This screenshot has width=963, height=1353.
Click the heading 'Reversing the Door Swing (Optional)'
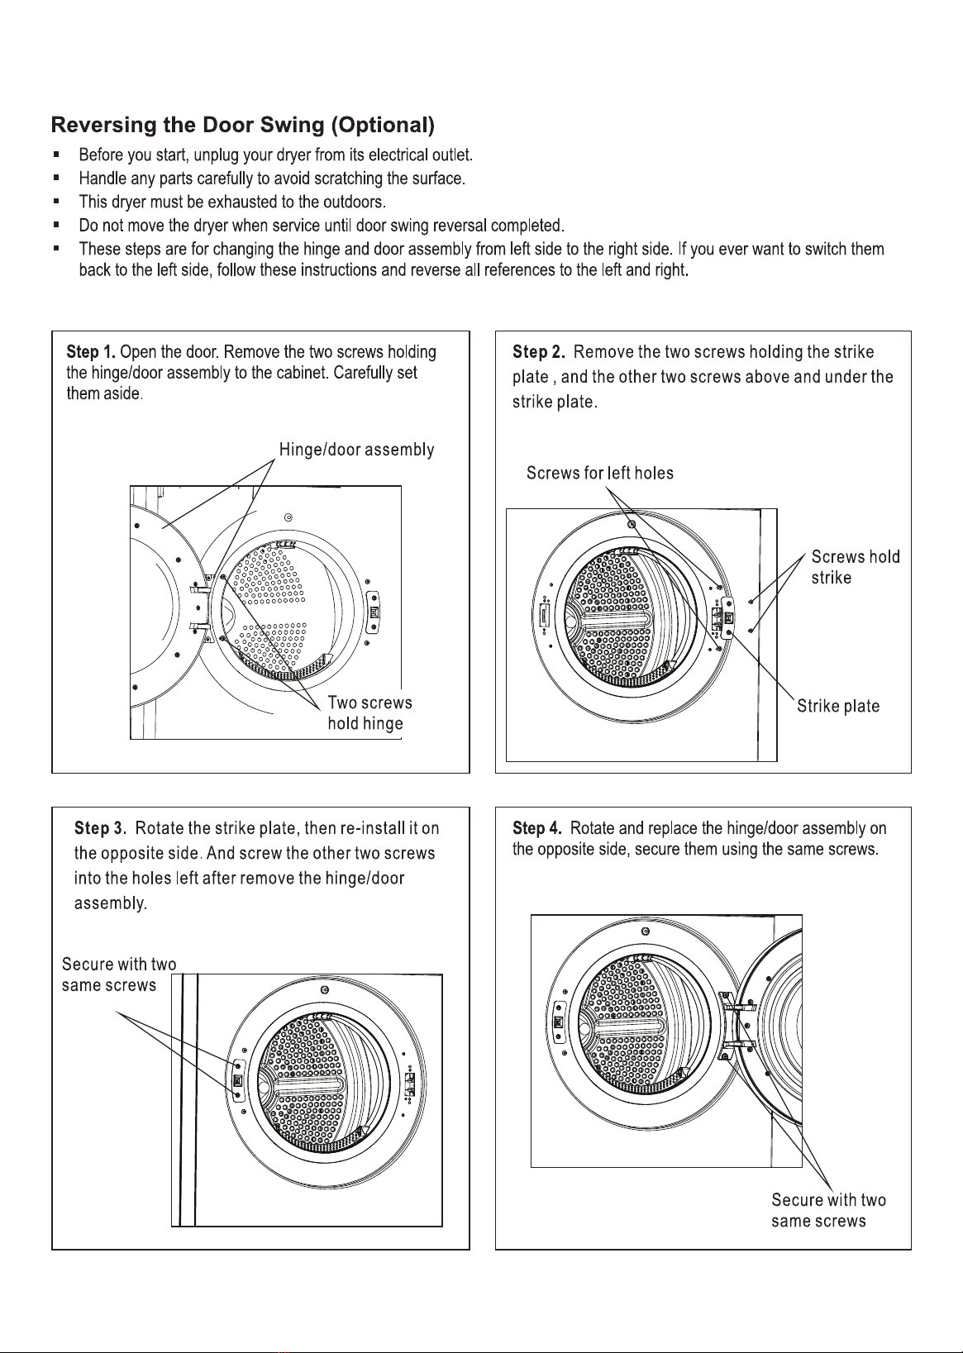[x=243, y=125]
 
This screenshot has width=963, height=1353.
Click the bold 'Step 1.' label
[x=91, y=352]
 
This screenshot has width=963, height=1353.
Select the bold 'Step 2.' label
[x=538, y=352]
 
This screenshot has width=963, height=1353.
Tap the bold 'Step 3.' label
[x=100, y=828]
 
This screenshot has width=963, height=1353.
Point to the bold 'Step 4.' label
[x=536, y=828]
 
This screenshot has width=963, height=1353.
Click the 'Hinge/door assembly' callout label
[x=356, y=450]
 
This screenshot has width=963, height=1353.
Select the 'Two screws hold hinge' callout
[x=369, y=712]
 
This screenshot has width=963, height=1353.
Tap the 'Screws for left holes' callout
[x=600, y=473]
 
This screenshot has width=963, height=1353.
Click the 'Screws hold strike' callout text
[x=856, y=567]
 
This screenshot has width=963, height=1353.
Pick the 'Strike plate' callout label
[x=838, y=706]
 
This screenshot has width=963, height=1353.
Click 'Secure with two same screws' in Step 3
[x=119, y=974]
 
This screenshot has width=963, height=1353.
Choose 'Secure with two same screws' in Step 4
[x=828, y=1210]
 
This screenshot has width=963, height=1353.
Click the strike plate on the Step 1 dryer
[x=374, y=612]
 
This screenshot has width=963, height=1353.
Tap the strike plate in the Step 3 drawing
[x=237, y=1080]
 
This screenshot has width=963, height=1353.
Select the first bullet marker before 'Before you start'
[x=56, y=155]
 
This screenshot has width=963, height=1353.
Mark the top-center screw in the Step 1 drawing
[x=288, y=517]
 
